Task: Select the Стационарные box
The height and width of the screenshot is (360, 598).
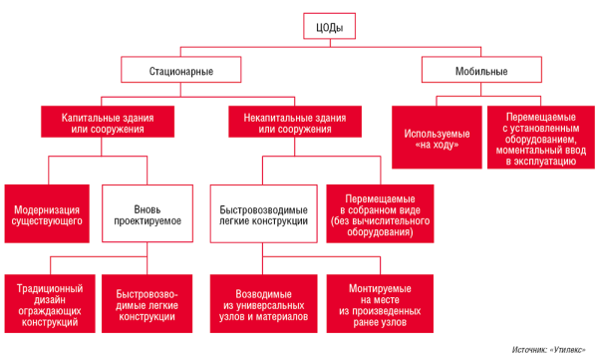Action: [180, 71]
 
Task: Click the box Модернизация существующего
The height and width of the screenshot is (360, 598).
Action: [48, 212]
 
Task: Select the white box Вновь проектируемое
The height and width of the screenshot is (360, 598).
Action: [150, 212]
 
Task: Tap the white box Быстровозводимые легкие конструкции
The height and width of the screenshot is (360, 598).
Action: [264, 212]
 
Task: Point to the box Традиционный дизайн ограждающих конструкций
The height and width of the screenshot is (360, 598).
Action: [48, 301]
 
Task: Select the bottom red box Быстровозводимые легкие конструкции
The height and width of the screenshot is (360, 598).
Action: [150, 301]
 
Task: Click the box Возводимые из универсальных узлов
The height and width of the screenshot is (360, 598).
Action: [264, 301]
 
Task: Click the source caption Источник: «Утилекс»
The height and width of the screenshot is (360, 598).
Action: [548, 350]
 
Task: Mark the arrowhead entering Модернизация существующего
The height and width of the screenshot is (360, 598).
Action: [48, 182]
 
